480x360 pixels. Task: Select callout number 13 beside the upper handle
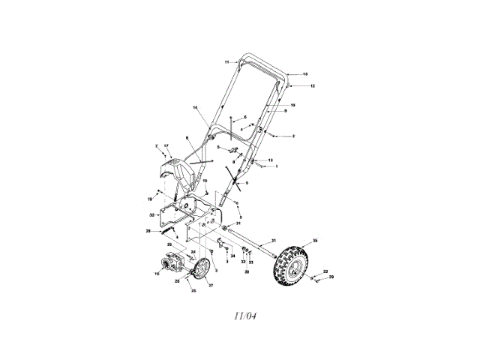coord(305,74)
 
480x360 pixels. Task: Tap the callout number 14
coord(196,109)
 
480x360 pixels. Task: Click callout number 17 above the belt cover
coord(166,145)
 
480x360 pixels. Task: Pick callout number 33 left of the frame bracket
coord(151,215)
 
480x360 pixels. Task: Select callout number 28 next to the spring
coord(148,231)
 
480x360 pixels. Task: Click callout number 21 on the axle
coord(274,240)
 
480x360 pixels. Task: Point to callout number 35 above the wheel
coord(315,240)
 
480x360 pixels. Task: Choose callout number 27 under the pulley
coord(211,285)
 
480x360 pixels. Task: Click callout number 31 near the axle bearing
coord(239,223)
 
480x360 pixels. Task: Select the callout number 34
coord(233,256)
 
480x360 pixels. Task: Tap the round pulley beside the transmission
coord(201,270)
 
